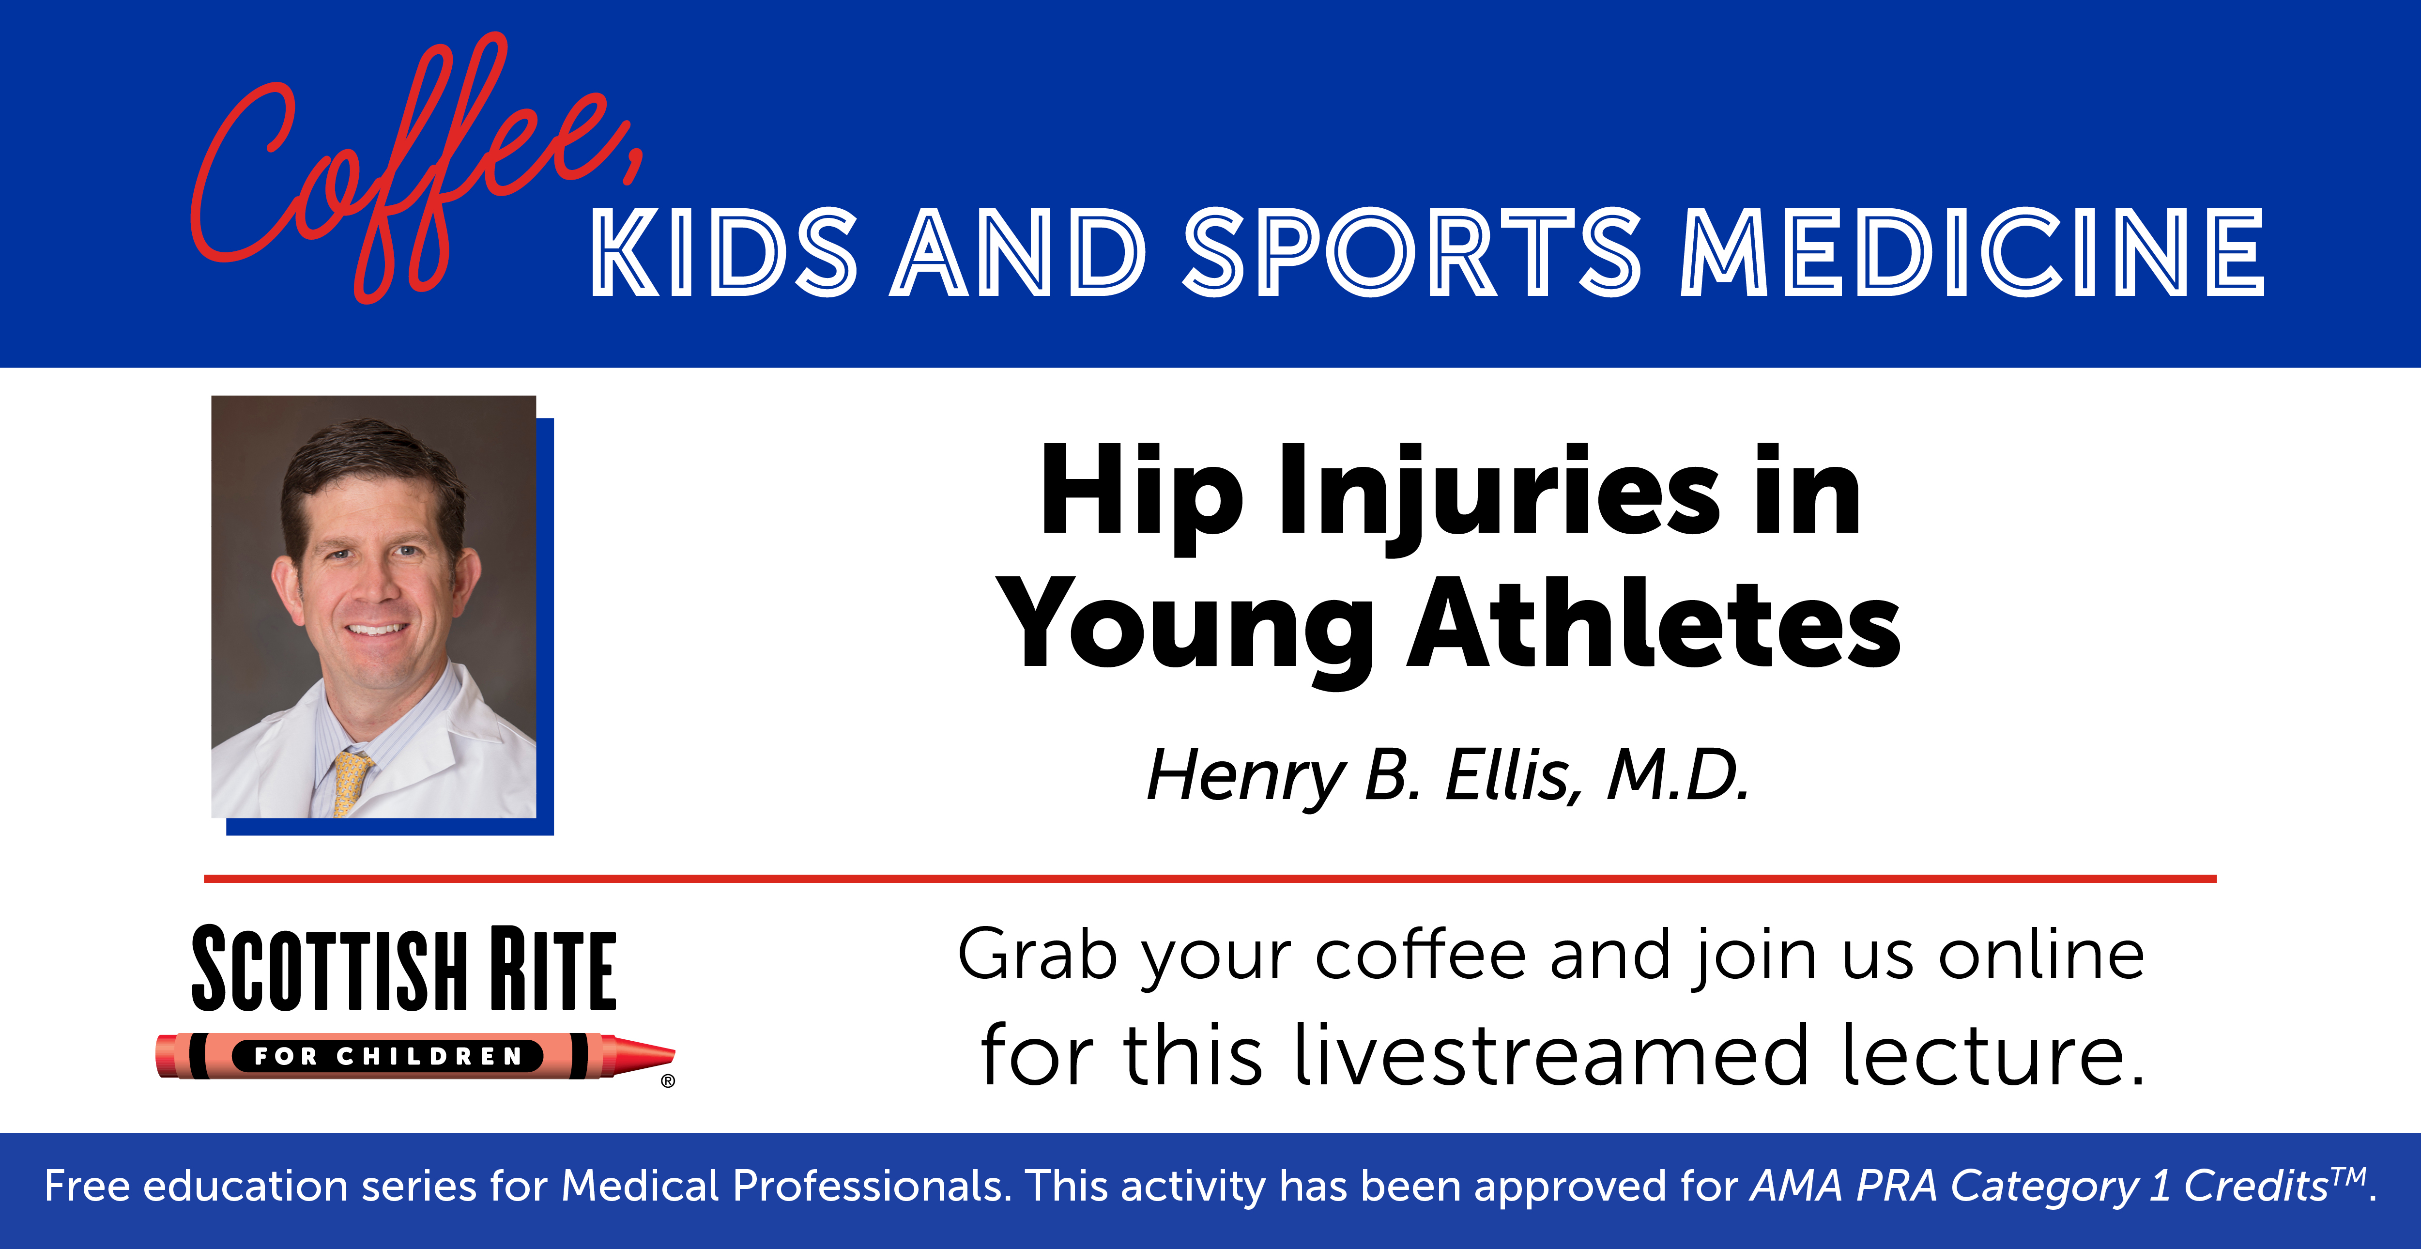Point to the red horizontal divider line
1210,879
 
